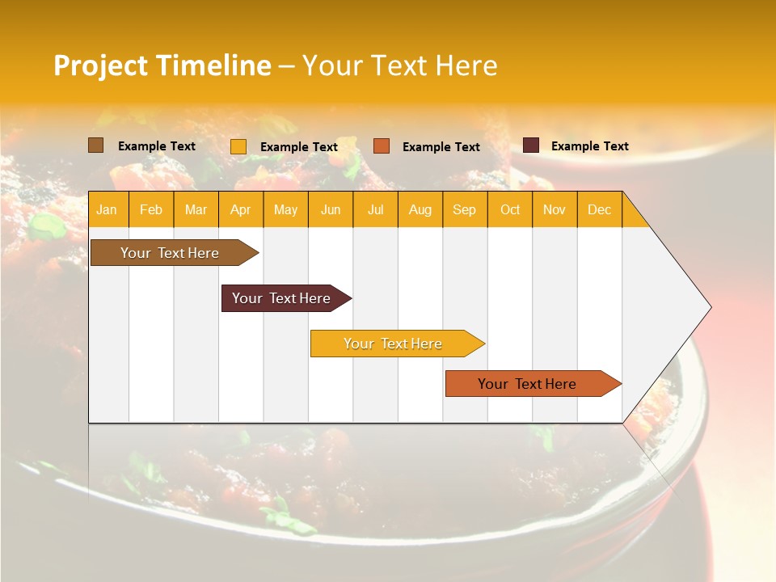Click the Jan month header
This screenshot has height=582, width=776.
click(x=108, y=209)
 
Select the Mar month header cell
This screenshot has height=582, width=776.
click(x=196, y=209)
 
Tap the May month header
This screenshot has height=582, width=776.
click(x=285, y=209)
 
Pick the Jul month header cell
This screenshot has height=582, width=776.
click(x=375, y=209)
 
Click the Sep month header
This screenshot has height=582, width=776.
click(x=464, y=209)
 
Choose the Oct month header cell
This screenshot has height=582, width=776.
click(x=509, y=209)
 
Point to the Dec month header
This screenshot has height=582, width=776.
click(x=599, y=209)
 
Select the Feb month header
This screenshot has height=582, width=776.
click(x=151, y=209)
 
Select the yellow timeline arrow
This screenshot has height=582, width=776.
click(x=394, y=344)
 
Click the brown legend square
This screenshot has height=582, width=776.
click(x=95, y=145)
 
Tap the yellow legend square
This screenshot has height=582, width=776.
click(x=238, y=146)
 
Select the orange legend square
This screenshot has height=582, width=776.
click(x=382, y=145)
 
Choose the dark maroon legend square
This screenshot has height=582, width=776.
click(x=530, y=145)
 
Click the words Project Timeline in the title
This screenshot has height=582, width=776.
click(x=162, y=65)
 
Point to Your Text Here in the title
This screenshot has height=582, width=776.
click(x=399, y=65)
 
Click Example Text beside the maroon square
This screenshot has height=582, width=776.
click(x=589, y=146)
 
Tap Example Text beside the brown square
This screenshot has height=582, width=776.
click(x=156, y=146)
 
